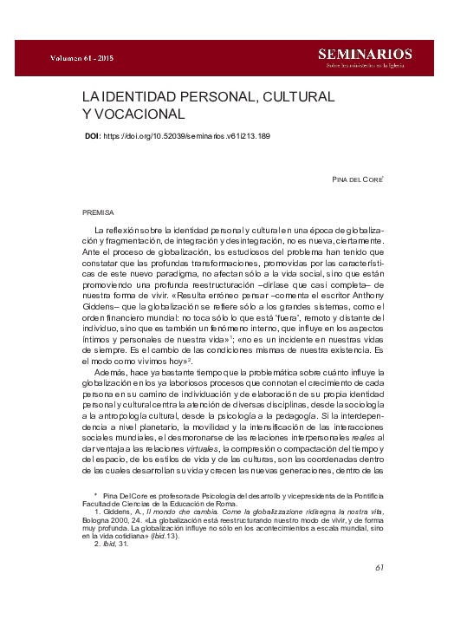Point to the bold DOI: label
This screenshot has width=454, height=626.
93,136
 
